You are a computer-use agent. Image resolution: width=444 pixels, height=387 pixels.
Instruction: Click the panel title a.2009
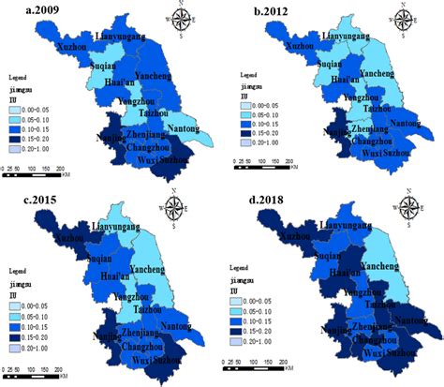26,12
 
